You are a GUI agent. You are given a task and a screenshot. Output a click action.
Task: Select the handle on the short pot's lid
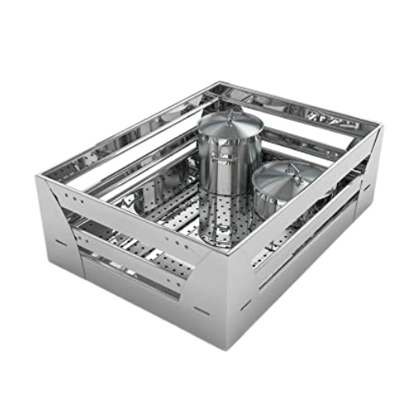tap(290, 167)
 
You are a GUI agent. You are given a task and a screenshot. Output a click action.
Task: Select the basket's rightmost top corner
tap(377, 126)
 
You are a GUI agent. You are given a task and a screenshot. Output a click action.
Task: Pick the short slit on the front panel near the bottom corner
tap(202, 311)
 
